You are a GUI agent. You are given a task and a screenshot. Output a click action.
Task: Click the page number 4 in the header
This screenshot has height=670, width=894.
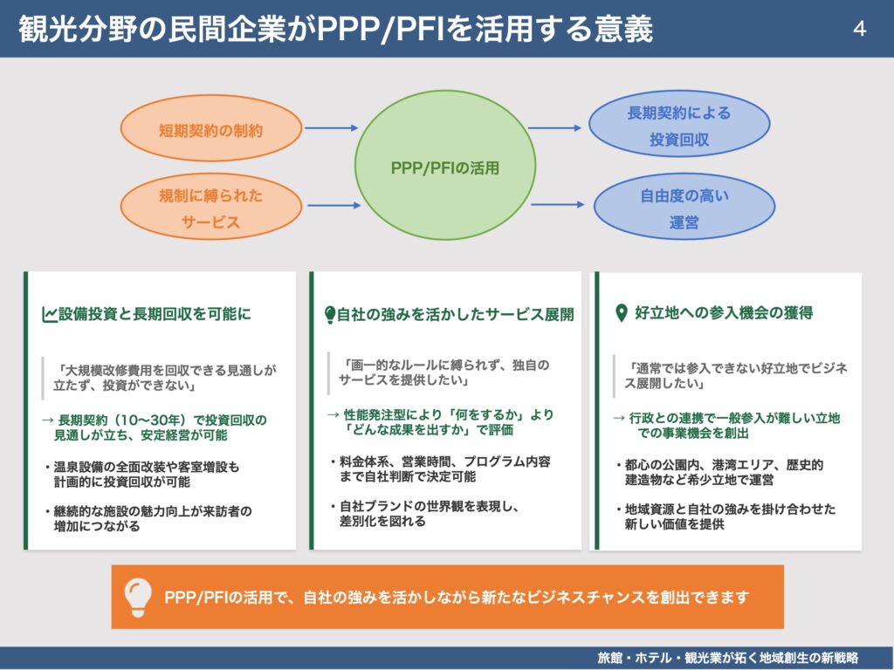point(859,30)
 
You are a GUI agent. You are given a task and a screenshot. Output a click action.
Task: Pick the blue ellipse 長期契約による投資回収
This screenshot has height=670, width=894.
point(678,125)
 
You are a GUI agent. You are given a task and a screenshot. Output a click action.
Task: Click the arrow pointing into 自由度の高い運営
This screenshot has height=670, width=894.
point(563,205)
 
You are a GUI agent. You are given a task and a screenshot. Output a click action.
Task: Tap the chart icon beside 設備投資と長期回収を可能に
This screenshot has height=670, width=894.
point(50,314)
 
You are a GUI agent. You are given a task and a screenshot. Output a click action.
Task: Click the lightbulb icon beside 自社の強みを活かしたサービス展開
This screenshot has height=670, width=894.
point(330,315)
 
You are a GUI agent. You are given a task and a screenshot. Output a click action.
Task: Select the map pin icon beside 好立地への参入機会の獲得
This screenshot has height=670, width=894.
point(621,313)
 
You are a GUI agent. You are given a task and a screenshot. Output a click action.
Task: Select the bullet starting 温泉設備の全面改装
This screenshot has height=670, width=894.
point(145,475)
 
